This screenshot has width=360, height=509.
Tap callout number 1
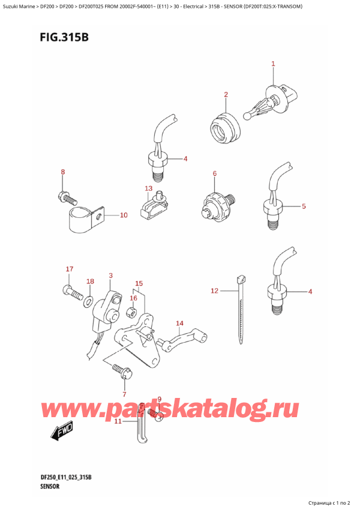[273, 64]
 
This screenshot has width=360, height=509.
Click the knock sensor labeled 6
[216, 204]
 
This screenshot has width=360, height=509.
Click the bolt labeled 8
[66, 196]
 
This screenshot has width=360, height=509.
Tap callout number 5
[304, 206]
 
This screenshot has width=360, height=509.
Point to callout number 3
[110, 276]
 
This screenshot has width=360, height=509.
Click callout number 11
[118, 421]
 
